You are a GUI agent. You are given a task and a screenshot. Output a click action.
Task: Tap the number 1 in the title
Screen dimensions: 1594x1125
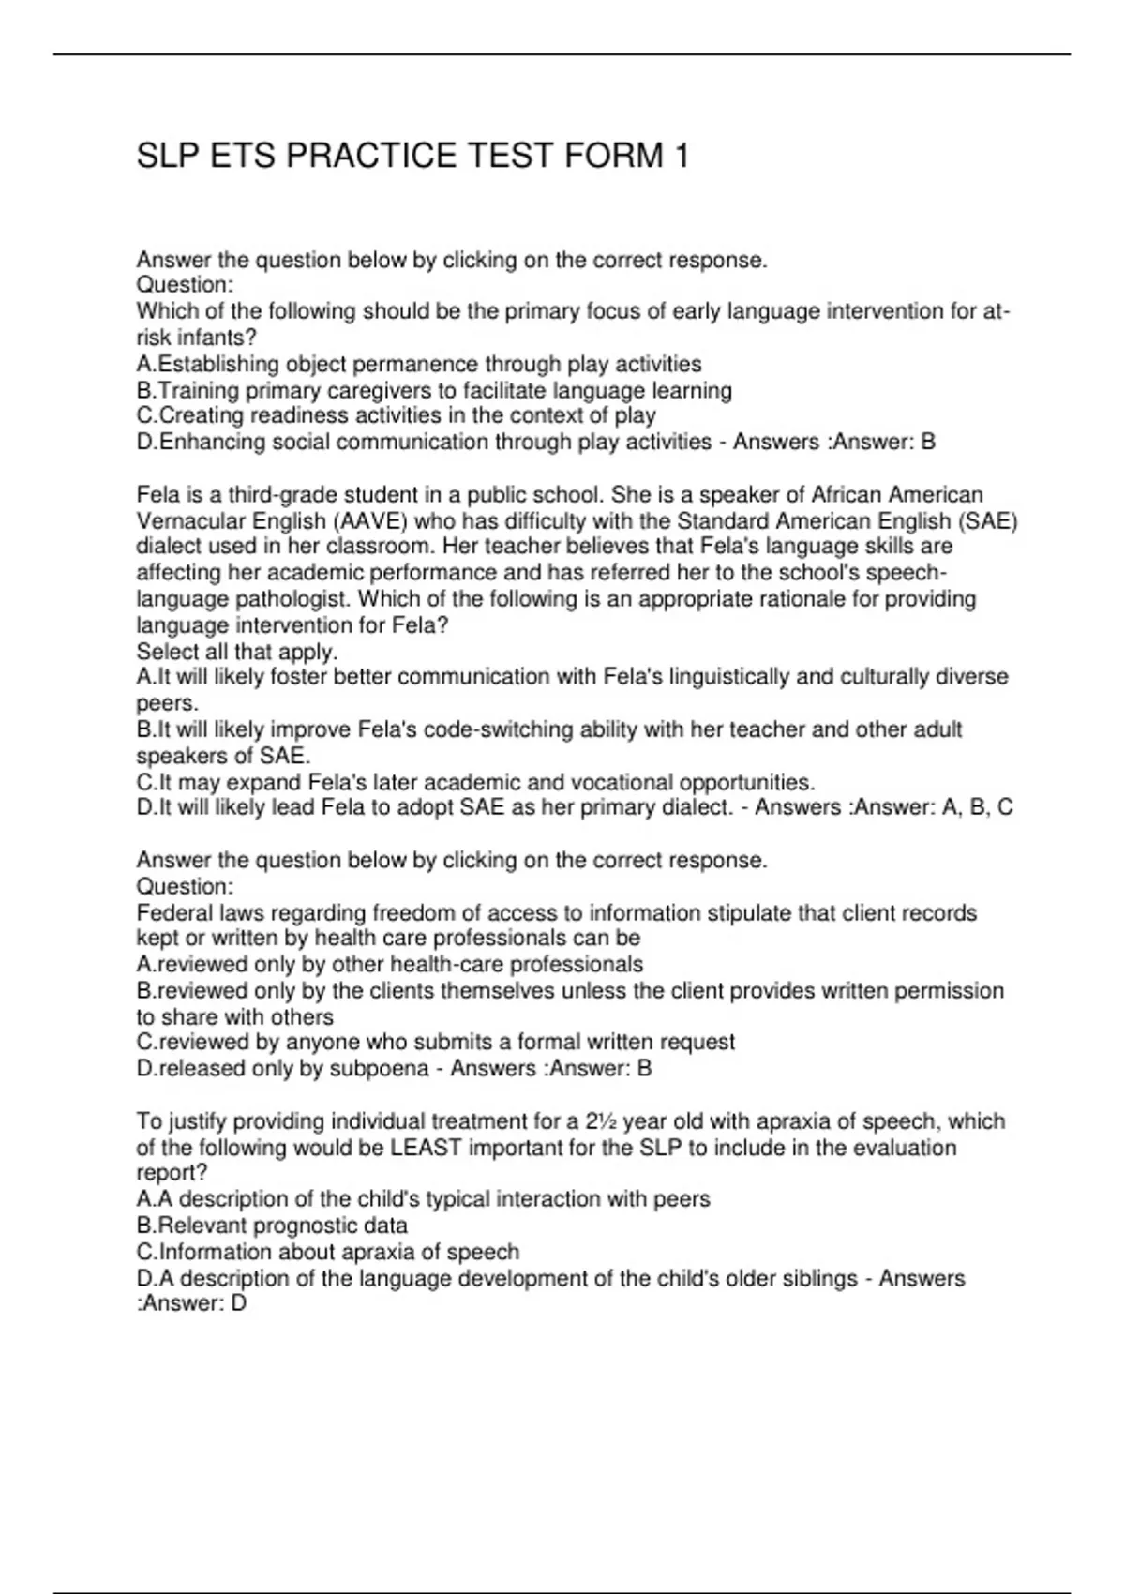click(681, 156)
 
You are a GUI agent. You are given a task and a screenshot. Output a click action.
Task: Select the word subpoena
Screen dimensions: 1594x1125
click(379, 1068)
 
